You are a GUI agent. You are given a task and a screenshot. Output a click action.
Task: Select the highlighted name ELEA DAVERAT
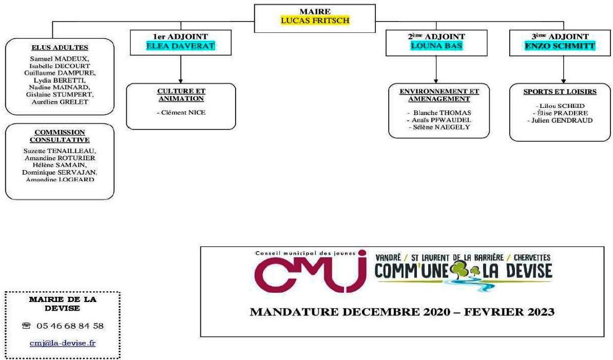coord(180,46)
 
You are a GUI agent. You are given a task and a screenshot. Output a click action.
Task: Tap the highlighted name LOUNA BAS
coord(436,46)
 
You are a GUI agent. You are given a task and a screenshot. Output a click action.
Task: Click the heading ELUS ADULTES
coord(59,48)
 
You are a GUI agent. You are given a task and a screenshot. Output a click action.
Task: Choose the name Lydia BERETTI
coord(59,80)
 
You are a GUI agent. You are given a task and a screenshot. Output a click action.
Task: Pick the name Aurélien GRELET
coord(59,102)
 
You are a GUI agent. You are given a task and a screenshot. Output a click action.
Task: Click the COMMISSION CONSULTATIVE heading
coord(60,136)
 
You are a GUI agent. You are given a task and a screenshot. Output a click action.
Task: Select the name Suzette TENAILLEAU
coord(60,150)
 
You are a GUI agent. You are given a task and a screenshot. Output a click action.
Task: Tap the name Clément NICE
coord(181,112)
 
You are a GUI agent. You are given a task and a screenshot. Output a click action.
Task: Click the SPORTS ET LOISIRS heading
coord(560,92)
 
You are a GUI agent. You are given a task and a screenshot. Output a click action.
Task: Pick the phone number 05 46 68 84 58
coord(70,326)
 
